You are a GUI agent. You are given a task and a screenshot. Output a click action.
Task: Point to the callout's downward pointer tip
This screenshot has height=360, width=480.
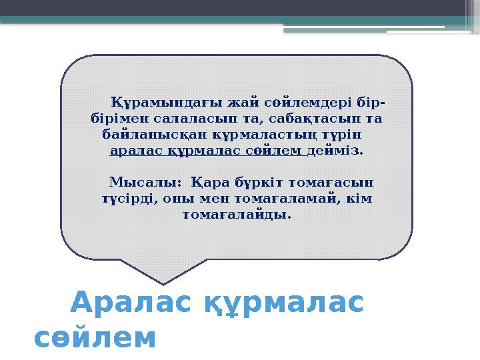pyautogui.click(x=163, y=283)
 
